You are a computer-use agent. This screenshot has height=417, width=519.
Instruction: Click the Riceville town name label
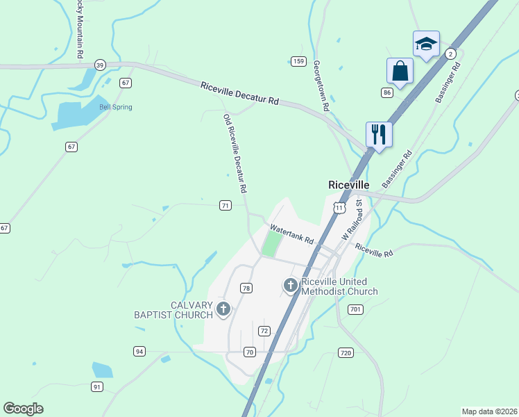tap(348, 185)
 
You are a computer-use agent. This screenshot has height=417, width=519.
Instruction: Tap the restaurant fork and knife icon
tap(379, 133)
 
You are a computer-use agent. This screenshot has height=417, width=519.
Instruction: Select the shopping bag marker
tap(400, 70)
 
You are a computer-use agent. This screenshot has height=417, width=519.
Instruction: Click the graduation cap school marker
tap(426, 44)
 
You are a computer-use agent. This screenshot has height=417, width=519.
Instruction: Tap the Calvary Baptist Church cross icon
tap(223, 309)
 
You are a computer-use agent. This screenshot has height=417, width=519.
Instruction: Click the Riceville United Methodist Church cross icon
tap(291, 284)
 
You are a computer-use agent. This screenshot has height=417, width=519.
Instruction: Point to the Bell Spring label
tap(115, 107)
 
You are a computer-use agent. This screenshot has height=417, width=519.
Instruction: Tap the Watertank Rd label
tap(291, 234)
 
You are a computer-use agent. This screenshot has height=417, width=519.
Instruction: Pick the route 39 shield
tap(100, 65)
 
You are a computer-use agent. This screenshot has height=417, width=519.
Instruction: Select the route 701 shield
tap(355, 309)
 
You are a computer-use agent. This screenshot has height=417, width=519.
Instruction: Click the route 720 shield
tap(346, 354)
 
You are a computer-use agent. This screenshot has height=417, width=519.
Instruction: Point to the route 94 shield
tap(139, 352)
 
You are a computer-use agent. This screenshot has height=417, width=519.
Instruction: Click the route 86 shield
tap(387, 92)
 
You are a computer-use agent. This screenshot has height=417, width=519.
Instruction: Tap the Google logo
tap(23, 409)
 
